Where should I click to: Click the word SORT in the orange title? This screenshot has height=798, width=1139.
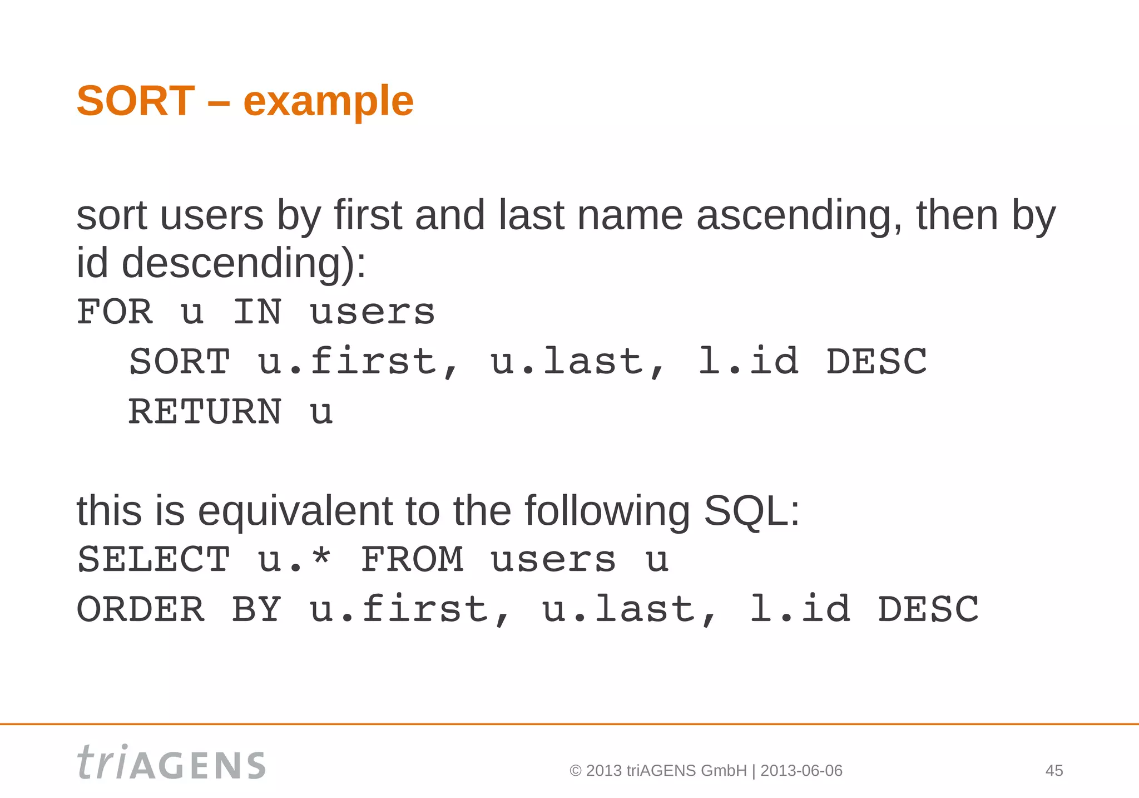[136, 101]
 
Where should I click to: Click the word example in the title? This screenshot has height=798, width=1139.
[328, 102]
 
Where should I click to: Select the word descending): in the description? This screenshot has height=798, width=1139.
[244, 264]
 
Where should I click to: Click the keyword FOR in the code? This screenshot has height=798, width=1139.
[115, 312]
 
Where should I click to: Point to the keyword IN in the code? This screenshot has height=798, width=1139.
[257, 312]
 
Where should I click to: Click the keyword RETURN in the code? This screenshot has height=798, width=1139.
[205, 412]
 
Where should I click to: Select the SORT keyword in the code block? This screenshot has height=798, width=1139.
[179, 362]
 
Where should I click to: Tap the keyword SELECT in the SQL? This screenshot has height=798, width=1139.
[153, 559]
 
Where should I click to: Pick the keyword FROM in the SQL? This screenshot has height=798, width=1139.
[412, 559]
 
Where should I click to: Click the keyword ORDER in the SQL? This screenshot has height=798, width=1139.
[141, 609]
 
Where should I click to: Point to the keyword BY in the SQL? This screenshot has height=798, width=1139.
[256, 609]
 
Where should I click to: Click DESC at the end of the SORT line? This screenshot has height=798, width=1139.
[876, 362]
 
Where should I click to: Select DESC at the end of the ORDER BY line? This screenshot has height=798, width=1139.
[928, 609]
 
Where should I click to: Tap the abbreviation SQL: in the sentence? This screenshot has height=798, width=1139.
[751, 511]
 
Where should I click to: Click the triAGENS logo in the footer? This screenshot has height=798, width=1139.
[171, 763]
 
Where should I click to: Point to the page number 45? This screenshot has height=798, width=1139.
[1054, 771]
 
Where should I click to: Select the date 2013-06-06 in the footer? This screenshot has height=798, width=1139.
[801, 771]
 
